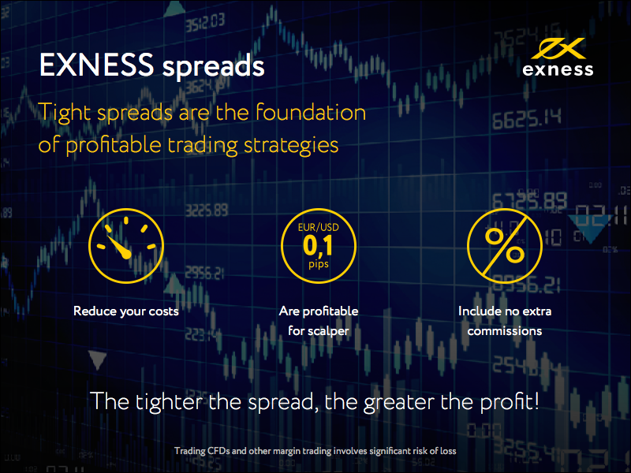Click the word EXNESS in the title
pyautogui.click(x=96, y=65)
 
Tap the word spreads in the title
pyautogui.click(x=213, y=67)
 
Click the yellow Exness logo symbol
pyautogui.click(x=558, y=49)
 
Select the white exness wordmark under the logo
pyautogui.click(x=558, y=69)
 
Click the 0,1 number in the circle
pyautogui.click(x=318, y=246)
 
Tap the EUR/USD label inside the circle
pyautogui.click(x=319, y=227)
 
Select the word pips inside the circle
pyautogui.click(x=319, y=265)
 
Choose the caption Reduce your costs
pyautogui.click(x=126, y=311)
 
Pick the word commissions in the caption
pyautogui.click(x=505, y=331)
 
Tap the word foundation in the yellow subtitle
pyautogui.click(x=311, y=112)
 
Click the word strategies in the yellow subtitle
pyautogui.click(x=291, y=146)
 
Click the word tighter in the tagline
pyautogui.click(x=169, y=401)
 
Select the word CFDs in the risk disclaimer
pyautogui.click(x=218, y=451)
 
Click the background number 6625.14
pyautogui.click(x=526, y=120)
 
